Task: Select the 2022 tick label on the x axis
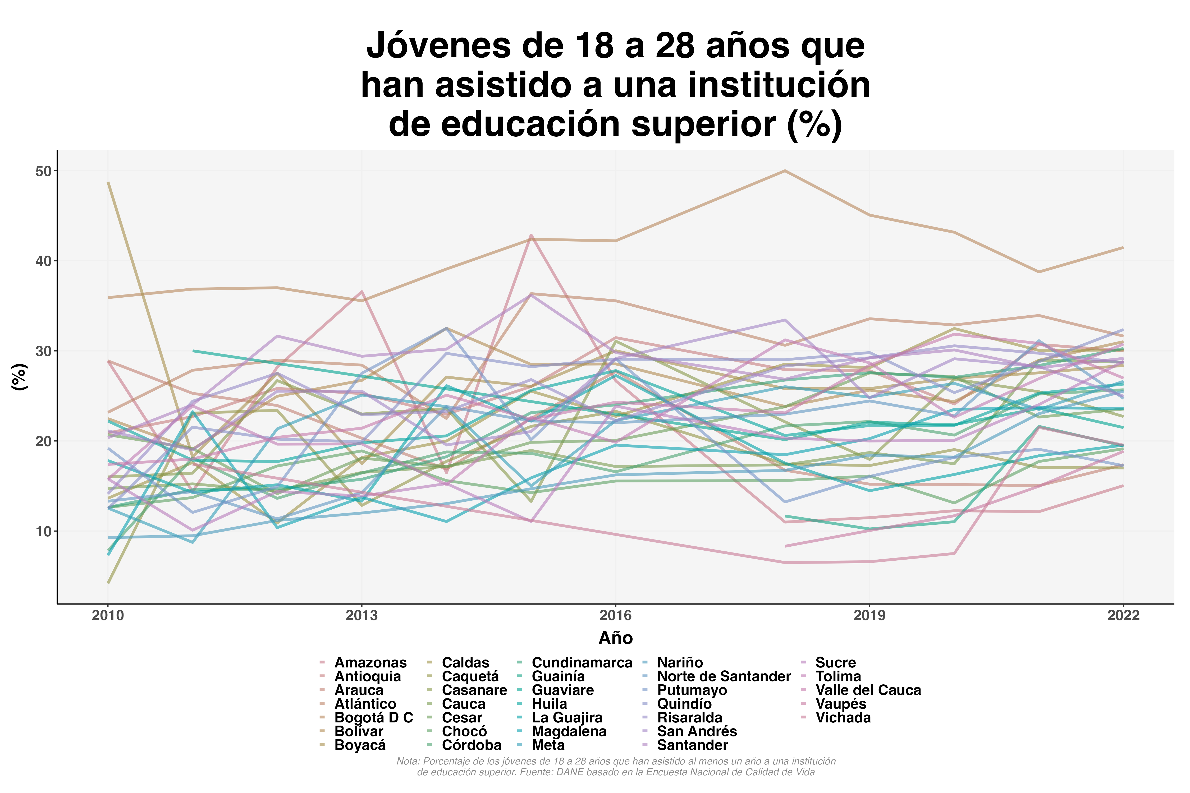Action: tap(1123, 615)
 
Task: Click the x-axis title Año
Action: tap(615, 638)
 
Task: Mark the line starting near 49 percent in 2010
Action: tap(108, 183)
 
